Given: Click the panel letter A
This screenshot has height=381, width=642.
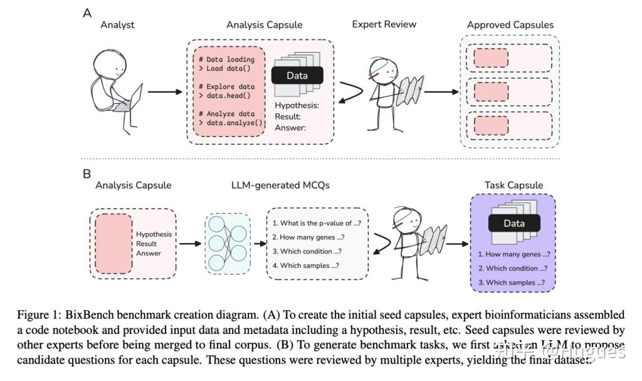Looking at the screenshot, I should tap(87, 13).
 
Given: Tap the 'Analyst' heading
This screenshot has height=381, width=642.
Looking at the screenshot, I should tap(117, 25).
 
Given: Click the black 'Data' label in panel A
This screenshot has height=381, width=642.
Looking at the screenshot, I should tap(297, 75).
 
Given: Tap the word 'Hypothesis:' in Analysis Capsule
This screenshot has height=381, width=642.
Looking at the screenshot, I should tap(297, 105).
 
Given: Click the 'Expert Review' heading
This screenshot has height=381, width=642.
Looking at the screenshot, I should tap(384, 24).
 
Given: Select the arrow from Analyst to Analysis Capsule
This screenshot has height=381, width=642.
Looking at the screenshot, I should tap(164, 91).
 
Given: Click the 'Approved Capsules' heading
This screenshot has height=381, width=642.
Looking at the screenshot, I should tap(510, 25).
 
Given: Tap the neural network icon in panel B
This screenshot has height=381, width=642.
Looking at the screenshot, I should tap(228, 244).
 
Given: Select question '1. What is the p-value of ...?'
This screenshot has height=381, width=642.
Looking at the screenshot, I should tap(316, 223).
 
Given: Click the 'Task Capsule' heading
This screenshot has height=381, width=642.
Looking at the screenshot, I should tap(513, 185).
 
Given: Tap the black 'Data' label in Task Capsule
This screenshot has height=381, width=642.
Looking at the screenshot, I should tap(514, 223).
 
